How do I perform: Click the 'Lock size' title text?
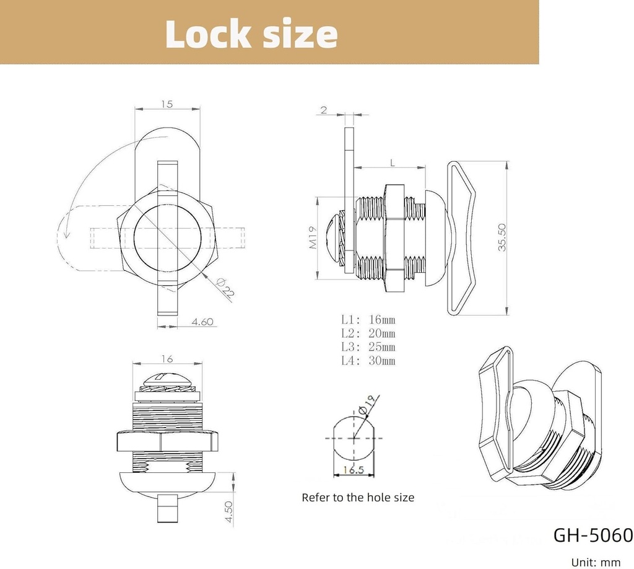point(251,33)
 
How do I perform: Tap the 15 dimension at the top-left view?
point(167,104)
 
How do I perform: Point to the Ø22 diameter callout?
point(225,289)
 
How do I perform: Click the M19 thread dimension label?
point(312,237)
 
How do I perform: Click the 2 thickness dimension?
point(324,110)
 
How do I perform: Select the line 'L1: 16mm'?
point(368,320)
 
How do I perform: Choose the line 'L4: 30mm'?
point(368,361)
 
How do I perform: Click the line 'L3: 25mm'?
point(368,347)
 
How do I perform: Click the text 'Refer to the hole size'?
point(358,497)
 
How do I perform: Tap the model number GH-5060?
point(593,535)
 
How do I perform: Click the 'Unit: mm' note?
point(596,562)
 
